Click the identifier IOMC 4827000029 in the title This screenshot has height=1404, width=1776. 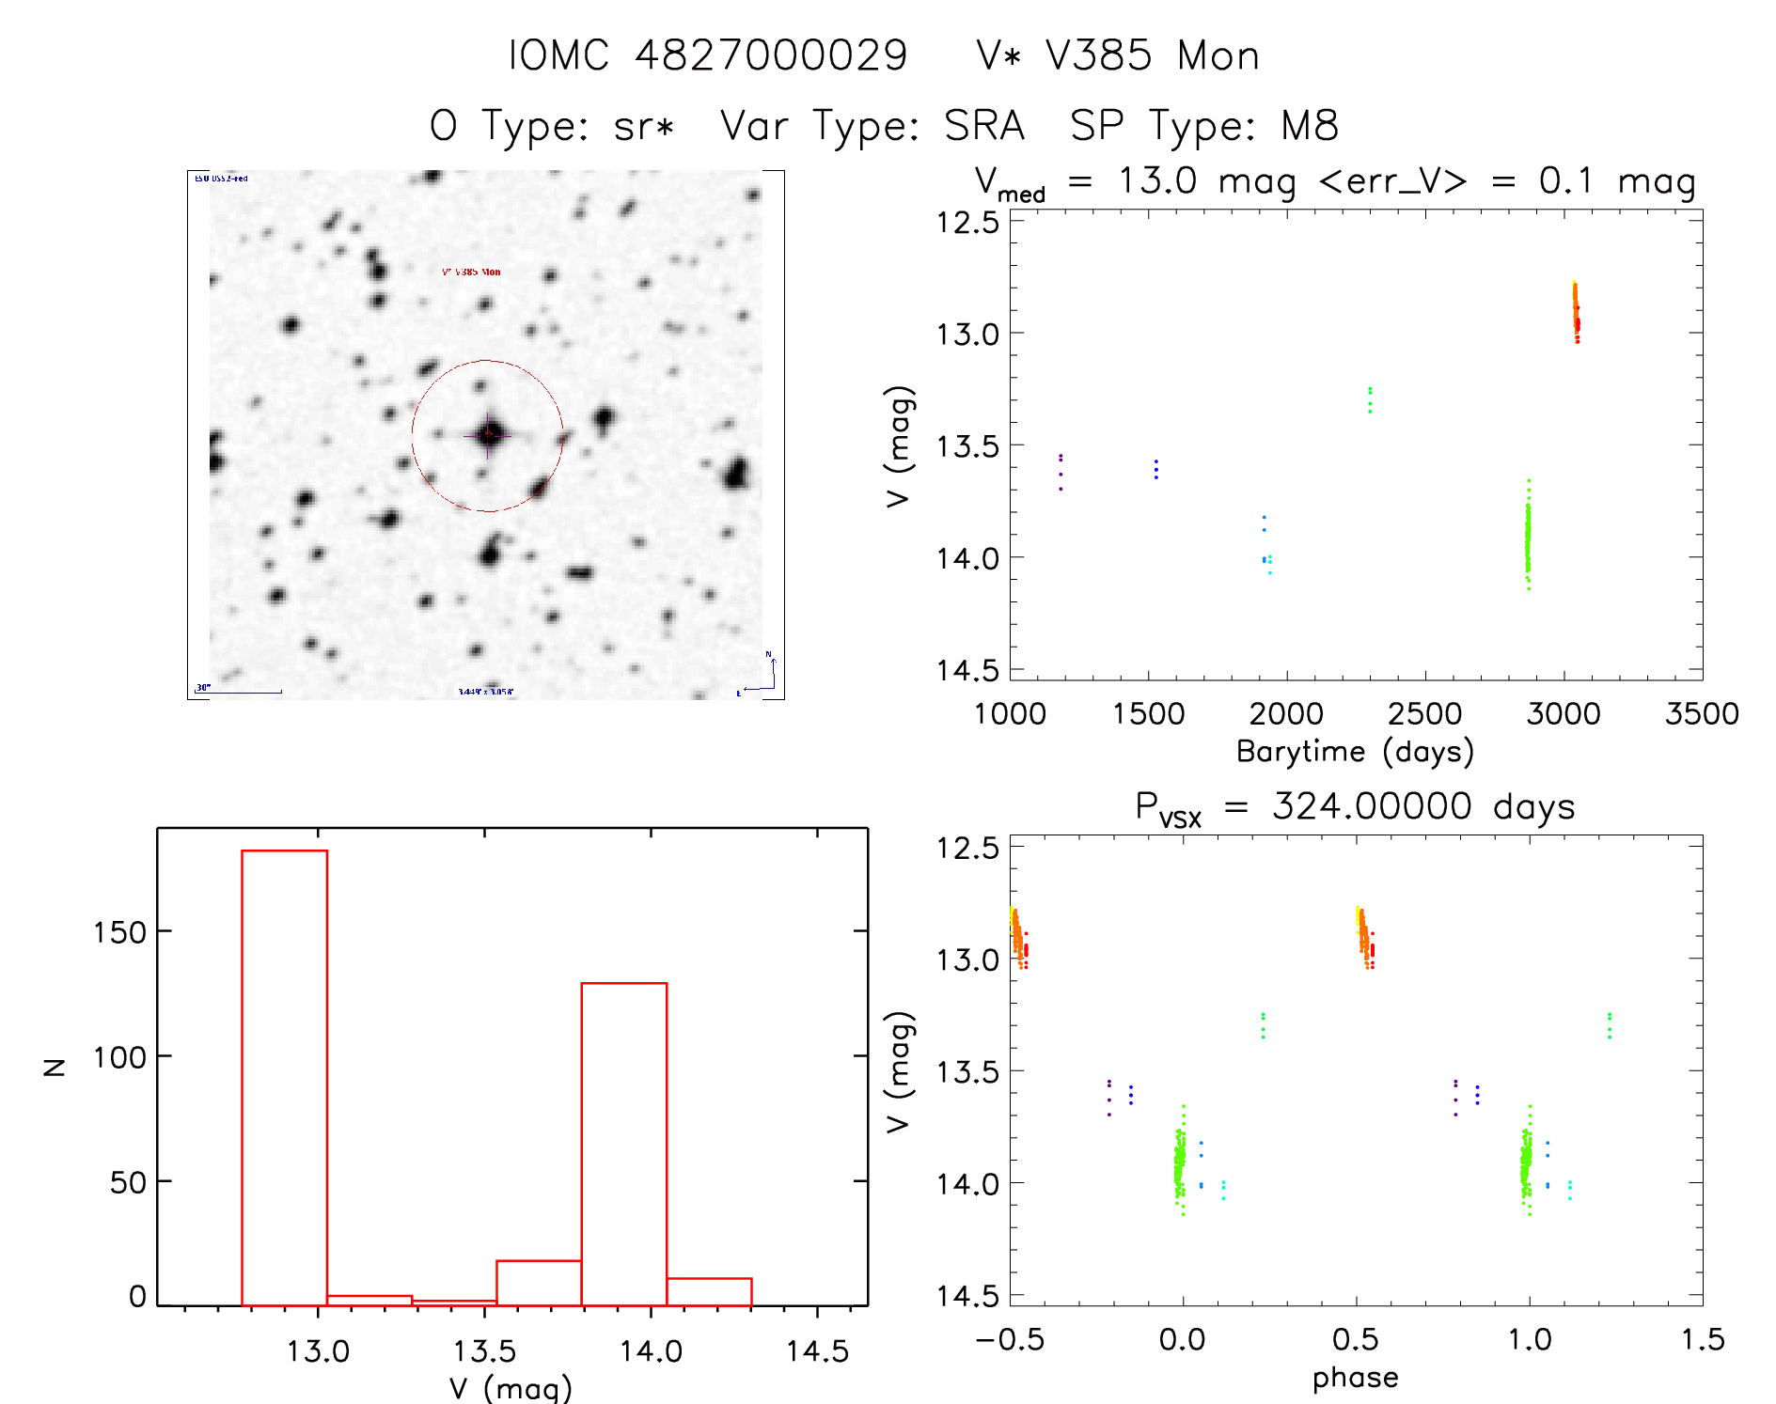tap(707, 55)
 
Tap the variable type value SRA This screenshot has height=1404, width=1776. tap(983, 126)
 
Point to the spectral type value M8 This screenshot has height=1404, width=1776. tap(1309, 126)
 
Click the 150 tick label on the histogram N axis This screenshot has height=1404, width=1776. tap(119, 932)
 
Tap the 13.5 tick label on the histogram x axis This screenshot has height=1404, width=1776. tap(484, 1351)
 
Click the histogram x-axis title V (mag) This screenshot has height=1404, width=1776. tap(510, 1388)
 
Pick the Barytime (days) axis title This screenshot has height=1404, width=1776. tap(1355, 752)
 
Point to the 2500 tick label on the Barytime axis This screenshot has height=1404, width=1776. tap(1424, 714)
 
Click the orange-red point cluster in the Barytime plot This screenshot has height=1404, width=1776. tap(1576, 312)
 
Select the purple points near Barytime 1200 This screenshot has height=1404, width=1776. tap(1061, 471)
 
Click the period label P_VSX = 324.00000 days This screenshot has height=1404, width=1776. tap(1355, 807)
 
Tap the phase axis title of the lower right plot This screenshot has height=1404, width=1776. tap(1355, 1378)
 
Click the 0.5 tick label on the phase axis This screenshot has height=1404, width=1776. tap(1356, 1339)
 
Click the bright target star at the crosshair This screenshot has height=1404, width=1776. tap(488, 434)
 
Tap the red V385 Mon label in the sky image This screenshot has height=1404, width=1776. tap(471, 272)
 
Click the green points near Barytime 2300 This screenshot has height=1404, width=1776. tap(1370, 399)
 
